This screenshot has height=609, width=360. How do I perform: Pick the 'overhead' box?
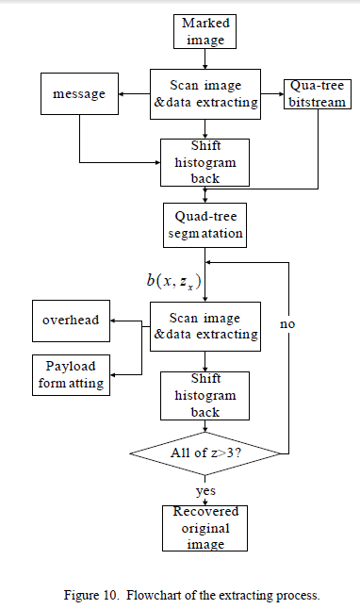point(71,321)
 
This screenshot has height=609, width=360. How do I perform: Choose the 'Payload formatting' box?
point(71,374)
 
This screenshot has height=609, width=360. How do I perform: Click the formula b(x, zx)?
point(173,281)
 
